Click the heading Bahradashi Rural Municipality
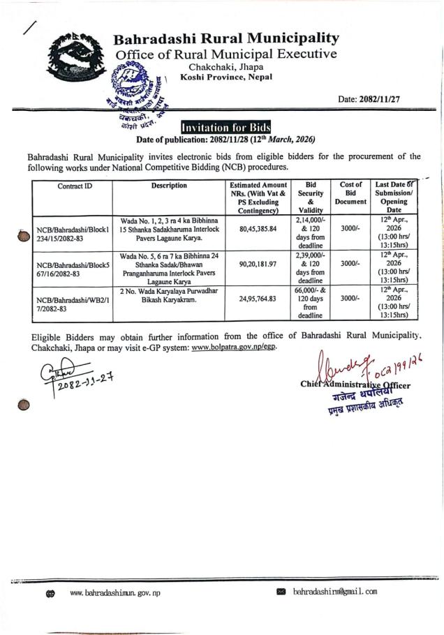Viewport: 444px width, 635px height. tap(227, 38)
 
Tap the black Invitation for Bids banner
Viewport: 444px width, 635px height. tap(225, 128)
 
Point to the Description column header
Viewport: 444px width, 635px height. tap(169, 186)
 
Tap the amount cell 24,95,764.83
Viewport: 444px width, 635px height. tap(258, 299)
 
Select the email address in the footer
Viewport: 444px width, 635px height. tap(335, 592)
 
